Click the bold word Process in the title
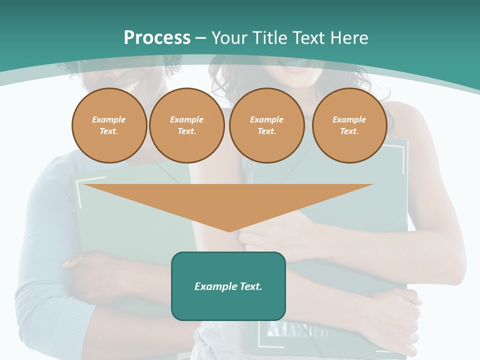point(157,38)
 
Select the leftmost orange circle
point(109,125)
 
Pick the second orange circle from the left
point(186,125)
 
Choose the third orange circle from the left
point(266,125)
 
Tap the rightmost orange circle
point(349,125)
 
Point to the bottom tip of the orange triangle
point(229,230)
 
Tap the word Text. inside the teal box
point(249,286)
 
